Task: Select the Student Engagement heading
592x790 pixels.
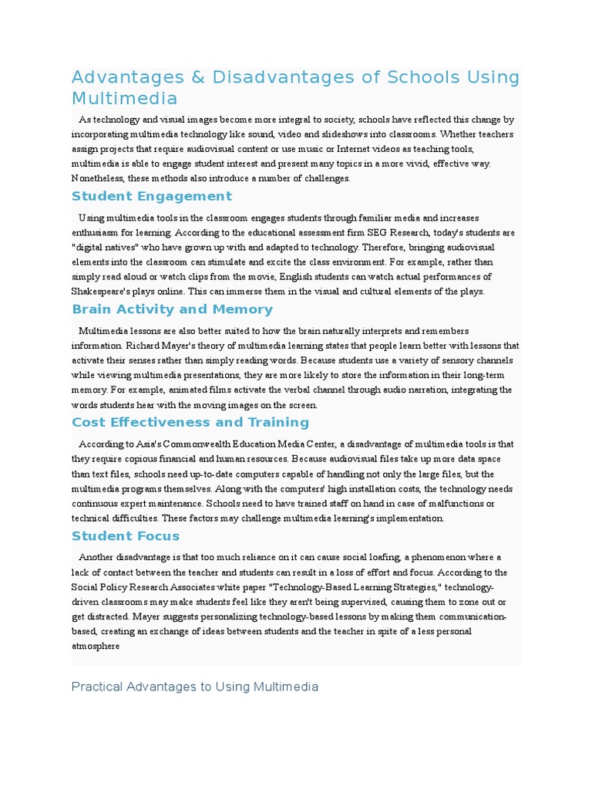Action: pos(151,196)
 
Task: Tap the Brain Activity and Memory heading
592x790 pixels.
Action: pos(172,309)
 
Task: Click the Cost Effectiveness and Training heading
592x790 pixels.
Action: pos(190,422)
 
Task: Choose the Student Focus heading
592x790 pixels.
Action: pos(125,535)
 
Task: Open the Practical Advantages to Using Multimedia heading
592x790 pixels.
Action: pos(194,687)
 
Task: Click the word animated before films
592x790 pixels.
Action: pos(183,390)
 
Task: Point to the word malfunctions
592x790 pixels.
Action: pos(442,504)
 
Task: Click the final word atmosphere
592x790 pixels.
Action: pos(96,646)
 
